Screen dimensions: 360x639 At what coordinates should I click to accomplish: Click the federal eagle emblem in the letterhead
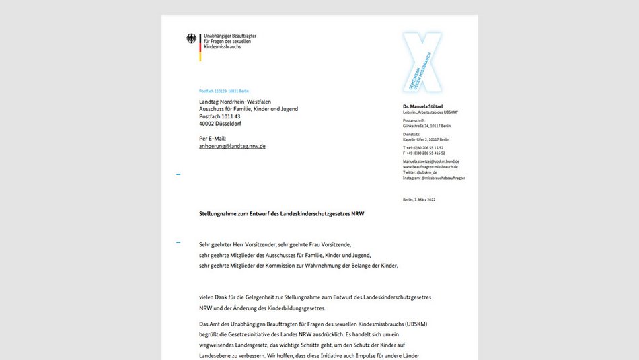point(191,39)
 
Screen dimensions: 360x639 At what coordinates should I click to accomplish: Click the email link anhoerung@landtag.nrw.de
point(232,146)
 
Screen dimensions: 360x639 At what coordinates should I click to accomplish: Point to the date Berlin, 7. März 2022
point(423,200)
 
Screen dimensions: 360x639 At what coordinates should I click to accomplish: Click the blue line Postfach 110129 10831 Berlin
point(224,91)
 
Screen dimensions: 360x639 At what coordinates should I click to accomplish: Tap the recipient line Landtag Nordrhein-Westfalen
point(235,102)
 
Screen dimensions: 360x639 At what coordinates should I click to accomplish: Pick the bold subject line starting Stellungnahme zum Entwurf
point(282,213)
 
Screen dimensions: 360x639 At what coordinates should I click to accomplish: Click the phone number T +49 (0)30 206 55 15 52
point(423,147)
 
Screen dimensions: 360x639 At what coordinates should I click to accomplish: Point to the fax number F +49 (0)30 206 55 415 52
point(424,153)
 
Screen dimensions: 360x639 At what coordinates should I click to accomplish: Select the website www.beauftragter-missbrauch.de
point(430,167)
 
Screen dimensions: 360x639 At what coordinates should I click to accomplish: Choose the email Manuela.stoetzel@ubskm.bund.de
point(431,161)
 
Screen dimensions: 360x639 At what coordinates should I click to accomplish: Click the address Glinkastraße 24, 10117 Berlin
point(426,126)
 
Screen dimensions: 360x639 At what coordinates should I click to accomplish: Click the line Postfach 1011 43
point(219,116)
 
